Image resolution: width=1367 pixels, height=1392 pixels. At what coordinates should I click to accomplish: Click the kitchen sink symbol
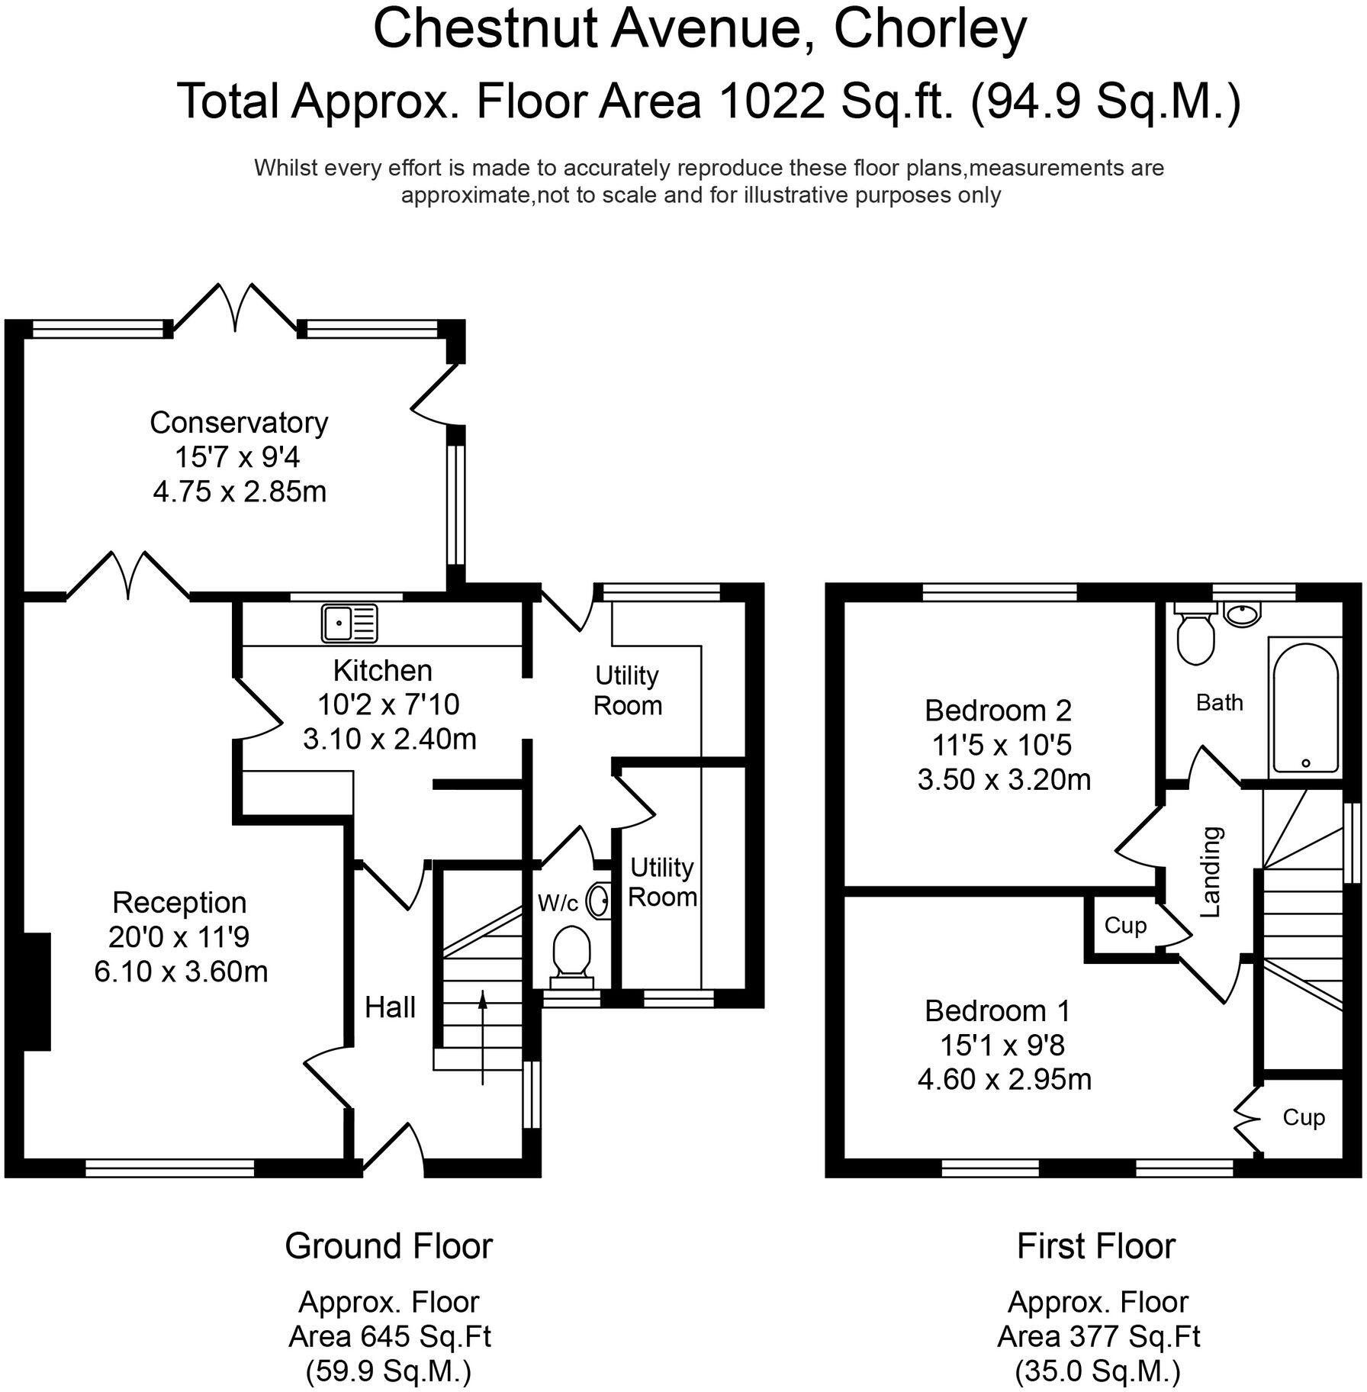349,622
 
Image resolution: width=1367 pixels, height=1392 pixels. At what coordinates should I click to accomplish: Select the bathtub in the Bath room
1304,707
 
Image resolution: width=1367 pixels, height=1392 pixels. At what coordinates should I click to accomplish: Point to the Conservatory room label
239,422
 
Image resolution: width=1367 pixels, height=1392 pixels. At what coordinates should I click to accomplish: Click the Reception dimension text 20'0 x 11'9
179,937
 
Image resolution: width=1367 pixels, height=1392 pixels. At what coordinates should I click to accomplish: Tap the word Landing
1211,871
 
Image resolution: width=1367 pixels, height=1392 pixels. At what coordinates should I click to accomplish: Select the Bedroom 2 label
998,710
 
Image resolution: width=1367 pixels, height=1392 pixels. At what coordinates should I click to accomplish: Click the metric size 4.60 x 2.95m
1004,1079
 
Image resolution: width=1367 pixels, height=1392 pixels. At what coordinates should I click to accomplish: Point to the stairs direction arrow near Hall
482,1036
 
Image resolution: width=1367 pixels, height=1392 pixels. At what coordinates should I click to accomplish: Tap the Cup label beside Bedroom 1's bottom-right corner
1304,1117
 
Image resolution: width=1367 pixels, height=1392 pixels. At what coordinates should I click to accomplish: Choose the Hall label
390,1007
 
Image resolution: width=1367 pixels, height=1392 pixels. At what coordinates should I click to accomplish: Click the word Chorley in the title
930,31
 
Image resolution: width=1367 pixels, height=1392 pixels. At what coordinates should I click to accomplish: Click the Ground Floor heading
389,1246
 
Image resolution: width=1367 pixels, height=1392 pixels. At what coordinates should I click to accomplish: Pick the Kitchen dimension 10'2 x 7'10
388,704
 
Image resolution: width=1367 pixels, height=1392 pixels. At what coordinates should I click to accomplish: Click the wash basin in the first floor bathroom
1243,612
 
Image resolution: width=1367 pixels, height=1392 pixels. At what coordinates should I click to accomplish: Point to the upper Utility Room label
627,690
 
